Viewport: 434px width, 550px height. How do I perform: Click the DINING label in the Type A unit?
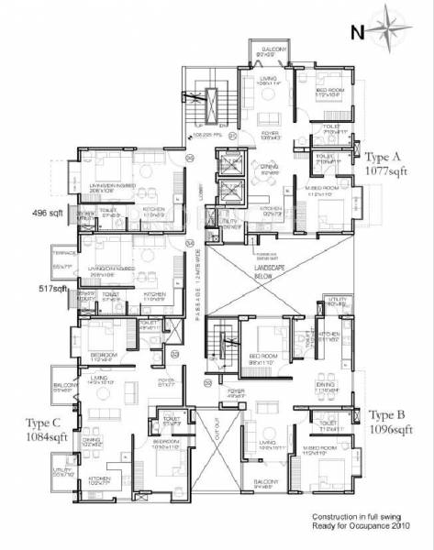tap(269, 166)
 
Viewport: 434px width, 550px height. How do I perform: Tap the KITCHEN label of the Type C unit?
tap(100, 478)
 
